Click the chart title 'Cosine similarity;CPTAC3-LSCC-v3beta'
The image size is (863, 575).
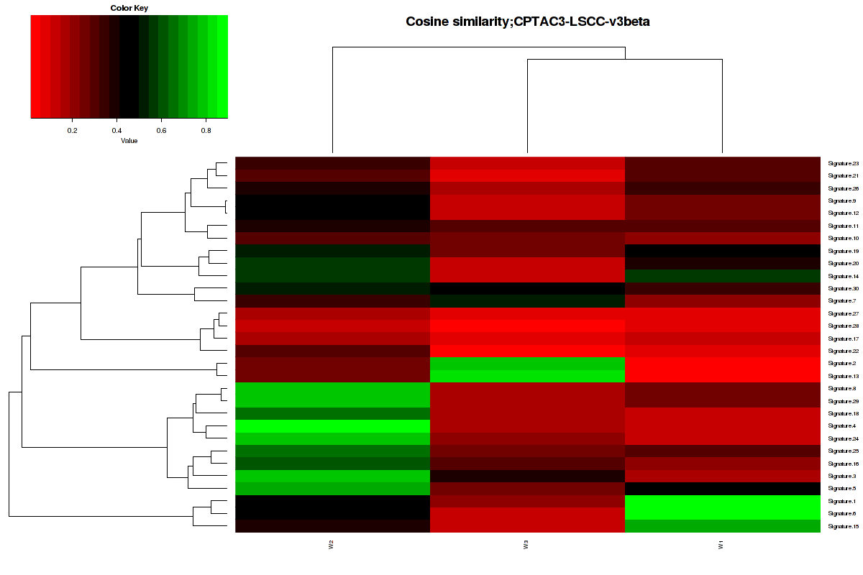point(528,22)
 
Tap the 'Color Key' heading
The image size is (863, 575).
point(129,8)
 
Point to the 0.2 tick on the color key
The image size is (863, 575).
point(72,130)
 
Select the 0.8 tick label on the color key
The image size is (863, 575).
point(206,130)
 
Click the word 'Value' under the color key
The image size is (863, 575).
point(129,141)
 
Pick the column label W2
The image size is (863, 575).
point(332,546)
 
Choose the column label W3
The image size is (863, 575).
point(526,546)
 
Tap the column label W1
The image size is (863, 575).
point(721,546)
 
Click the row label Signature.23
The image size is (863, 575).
point(844,163)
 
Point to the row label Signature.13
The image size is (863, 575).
point(844,376)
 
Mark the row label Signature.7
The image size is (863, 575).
point(842,300)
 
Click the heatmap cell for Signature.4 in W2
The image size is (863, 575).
point(332,426)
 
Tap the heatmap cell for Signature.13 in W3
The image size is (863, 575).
point(527,376)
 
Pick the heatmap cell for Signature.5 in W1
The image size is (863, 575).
point(723,489)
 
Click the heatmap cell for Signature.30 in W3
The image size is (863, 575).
point(527,288)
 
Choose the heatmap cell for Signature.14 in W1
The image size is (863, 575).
point(723,276)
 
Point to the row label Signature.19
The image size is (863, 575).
point(844,251)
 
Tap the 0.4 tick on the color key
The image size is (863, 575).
point(117,130)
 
